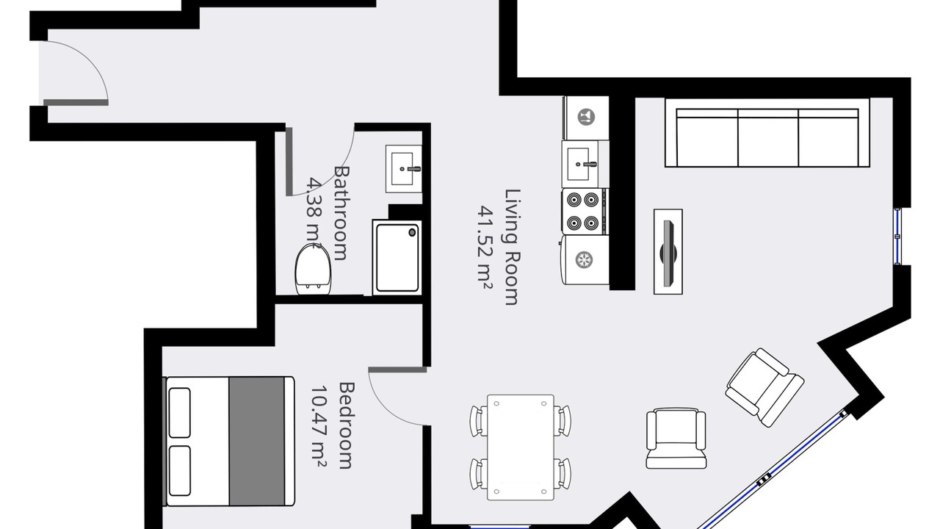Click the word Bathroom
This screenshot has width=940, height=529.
[341, 213]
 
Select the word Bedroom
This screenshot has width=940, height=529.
[347, 425]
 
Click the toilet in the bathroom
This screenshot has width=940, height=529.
[313, 269]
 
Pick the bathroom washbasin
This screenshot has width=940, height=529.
[404, 169]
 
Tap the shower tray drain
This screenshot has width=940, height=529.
[412, 232]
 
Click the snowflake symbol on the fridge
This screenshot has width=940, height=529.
[583, 260]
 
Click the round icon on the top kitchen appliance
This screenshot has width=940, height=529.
[586, 117]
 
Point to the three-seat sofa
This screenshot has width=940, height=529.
[767, 133]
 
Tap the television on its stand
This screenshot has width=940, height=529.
[668, 252]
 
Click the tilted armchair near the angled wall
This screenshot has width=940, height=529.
[764, 387]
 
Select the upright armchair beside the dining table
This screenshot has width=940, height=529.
[676, 438]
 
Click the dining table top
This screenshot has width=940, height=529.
[521, 447]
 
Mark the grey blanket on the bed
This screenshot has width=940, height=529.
[257, 441]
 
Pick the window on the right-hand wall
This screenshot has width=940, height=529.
[897, 237]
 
